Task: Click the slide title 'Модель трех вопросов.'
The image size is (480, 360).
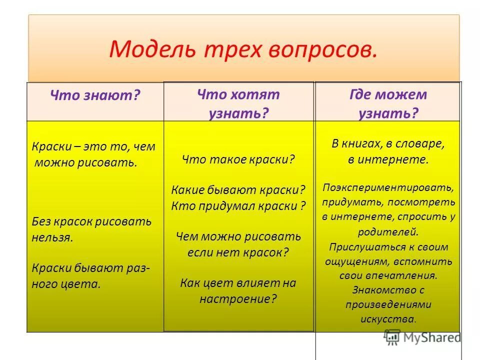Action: (242, 50)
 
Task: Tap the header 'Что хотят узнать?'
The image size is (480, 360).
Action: (238, 103)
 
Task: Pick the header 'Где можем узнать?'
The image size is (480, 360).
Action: (388, 103)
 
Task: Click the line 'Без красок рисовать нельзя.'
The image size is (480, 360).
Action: (91, 229)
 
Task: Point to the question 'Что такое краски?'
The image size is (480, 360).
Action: (238, 160)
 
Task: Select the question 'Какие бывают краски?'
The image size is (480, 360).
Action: (238, 190)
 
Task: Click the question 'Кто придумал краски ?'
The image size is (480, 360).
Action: (238, 205)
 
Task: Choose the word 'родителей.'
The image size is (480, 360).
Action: (388, 231)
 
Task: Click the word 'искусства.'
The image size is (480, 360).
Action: (388, 318)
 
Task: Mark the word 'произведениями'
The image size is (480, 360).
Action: (388, 304)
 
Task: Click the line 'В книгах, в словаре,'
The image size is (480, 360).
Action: (388, 145)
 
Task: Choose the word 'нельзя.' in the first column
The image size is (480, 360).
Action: (52, 236)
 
